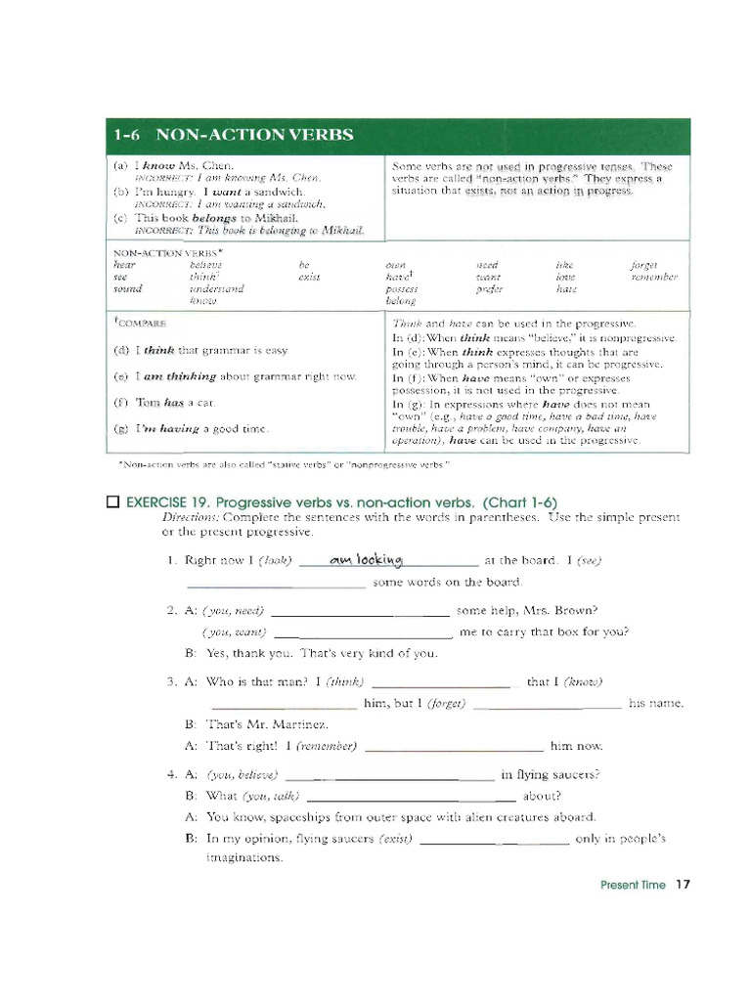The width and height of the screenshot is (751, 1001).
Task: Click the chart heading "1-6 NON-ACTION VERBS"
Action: (233, 135)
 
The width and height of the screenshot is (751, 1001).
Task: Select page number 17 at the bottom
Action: (683, 885)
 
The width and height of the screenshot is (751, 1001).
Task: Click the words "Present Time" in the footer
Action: (633, 885)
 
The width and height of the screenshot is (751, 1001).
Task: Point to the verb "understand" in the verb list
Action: (217, 288)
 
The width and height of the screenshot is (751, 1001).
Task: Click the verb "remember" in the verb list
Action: (655, 277)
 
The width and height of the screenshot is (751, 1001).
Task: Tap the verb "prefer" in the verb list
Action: (490, 288)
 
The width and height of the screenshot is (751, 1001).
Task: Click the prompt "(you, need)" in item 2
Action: (234, 611)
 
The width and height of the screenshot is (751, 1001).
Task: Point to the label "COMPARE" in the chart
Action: (142, 323)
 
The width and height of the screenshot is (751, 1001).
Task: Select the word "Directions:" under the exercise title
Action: (191, 516)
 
